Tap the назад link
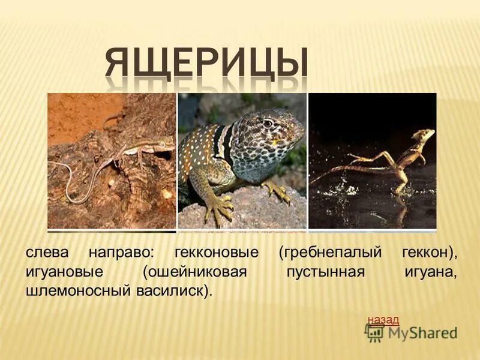click(x=383, y=320)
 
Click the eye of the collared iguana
click(x=268, y=124)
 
